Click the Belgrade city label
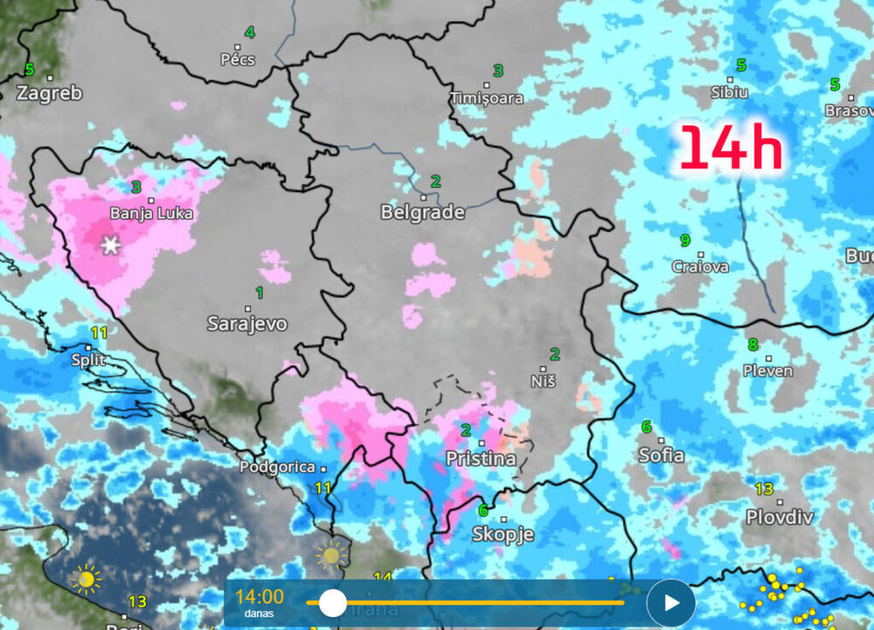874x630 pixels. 423,212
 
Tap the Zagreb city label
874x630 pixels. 49,93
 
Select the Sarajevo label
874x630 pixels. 247,324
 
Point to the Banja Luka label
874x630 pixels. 151,213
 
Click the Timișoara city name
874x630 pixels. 487,98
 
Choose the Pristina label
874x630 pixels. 481,459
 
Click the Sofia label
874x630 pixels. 662,455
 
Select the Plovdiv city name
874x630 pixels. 780,516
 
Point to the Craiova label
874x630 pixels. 700,267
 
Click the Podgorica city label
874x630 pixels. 276,467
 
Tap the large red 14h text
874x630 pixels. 731,148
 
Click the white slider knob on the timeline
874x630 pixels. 333,602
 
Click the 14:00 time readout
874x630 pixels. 260,597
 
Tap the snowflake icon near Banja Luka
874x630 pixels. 110,246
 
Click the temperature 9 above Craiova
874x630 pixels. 685,239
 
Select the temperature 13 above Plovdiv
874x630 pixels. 764,489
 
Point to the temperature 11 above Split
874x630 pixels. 100,333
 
